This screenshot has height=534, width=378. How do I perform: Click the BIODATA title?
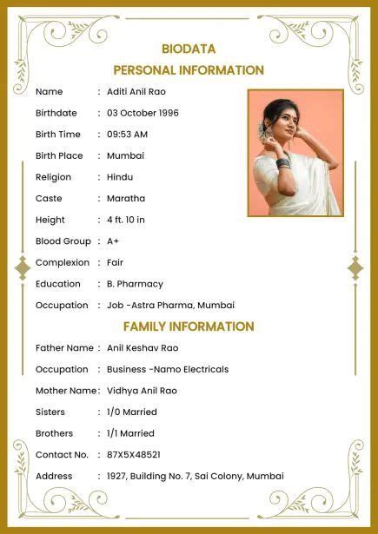[189, 49]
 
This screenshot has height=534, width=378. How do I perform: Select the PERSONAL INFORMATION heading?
[189, 70]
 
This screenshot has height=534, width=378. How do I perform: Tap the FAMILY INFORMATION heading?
[189, 326]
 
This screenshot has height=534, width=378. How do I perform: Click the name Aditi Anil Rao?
[136, 92]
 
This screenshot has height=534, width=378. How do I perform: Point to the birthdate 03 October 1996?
[143, 113]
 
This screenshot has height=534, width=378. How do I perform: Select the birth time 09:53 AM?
[127, 135]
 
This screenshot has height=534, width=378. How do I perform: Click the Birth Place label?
[59, 155]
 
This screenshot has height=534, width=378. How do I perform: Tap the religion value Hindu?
[120, 177]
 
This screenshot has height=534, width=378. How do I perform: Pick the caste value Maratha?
[126, 199]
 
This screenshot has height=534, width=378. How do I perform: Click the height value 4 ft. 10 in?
[126, 220]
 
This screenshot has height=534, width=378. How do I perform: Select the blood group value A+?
[113, 241]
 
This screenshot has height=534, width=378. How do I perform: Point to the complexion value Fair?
[116, 262]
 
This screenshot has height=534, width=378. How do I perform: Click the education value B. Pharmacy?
[135, 284]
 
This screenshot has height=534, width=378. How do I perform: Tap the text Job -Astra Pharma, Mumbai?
[170, 306]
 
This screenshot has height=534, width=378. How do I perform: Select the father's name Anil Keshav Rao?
[143, 348]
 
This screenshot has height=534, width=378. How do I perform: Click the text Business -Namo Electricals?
[168, 369]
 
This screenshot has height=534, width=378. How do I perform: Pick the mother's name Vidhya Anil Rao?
[142, 391]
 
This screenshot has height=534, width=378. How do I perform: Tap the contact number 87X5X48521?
[134, 455]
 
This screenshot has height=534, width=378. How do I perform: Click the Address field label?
[54, 476]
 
